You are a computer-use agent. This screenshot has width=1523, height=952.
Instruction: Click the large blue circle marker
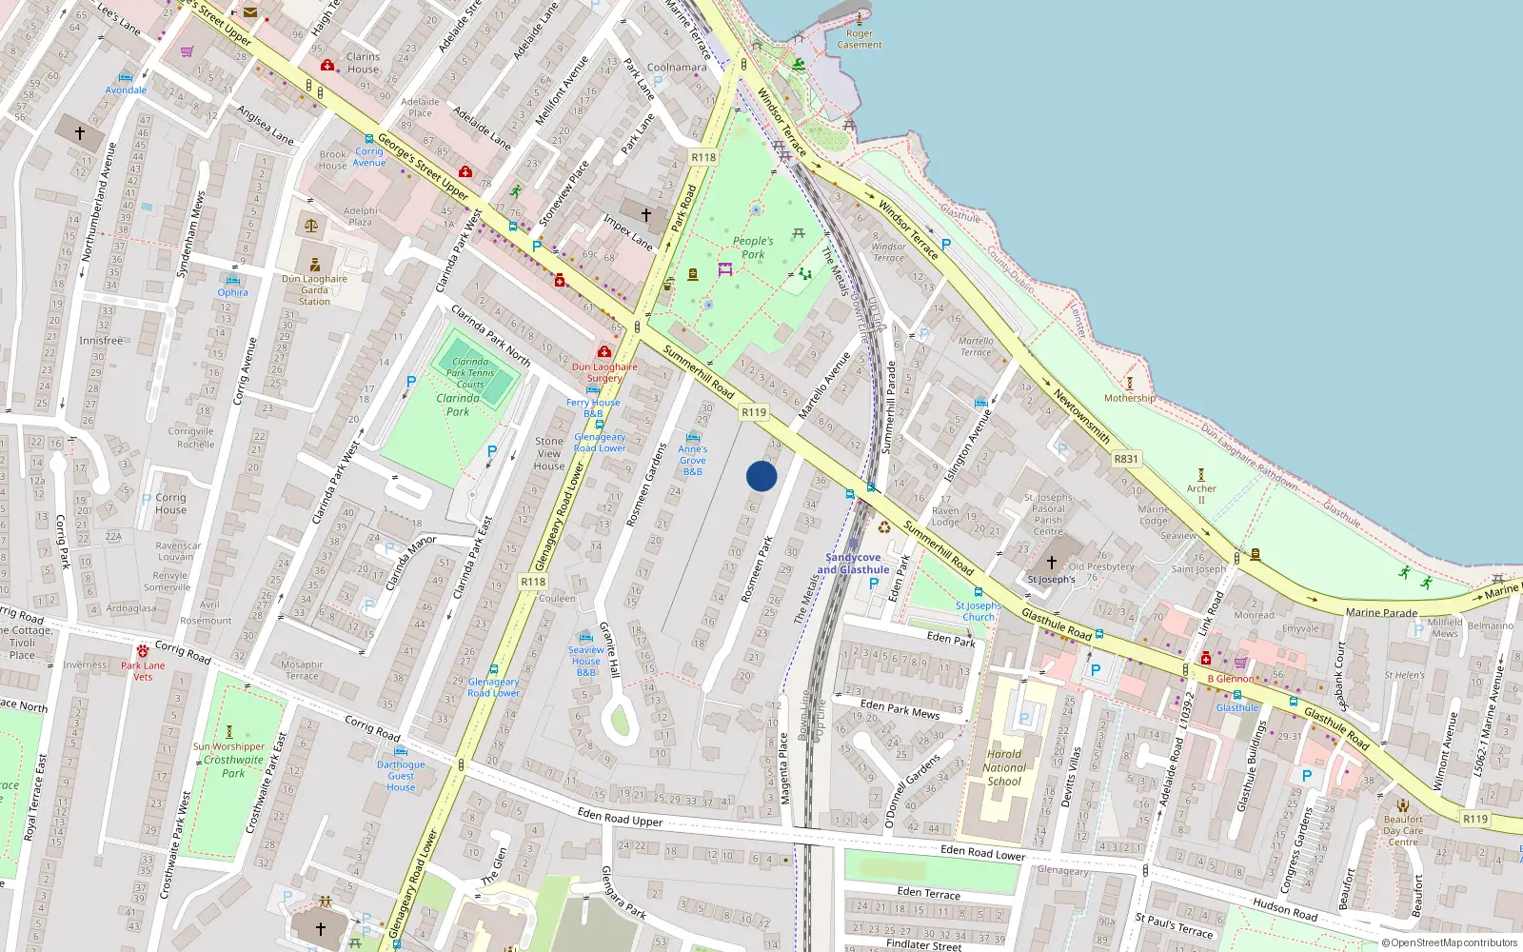click(x=761, y=476)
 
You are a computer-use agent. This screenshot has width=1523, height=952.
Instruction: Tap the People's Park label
click(x=753, y=248)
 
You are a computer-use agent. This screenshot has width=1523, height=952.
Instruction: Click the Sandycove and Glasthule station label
click(x=853, y=564)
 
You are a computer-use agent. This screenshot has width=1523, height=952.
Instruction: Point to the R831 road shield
click(x=1126, y=459)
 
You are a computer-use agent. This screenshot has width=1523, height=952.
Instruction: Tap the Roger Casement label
click(x=860, y=39)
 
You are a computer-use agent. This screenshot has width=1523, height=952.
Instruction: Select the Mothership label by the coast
click(x=1130, y=398)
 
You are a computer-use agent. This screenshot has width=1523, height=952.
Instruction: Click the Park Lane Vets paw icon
click(x=143, y=651)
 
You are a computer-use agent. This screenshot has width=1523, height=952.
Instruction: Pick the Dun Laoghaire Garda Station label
click(x=314, y=290)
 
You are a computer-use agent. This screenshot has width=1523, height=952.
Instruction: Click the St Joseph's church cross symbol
click(x=1052, y=562)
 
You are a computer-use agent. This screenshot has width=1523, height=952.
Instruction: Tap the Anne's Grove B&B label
click(x=693, y=460)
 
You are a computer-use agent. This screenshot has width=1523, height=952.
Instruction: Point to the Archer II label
click(x=1201, y=493)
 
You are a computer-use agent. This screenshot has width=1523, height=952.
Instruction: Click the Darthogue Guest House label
click(x=401, y=775)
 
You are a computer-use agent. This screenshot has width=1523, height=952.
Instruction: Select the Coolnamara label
click(x=677, y=68)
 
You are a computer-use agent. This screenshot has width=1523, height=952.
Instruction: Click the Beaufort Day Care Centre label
click(x=1403, y=830)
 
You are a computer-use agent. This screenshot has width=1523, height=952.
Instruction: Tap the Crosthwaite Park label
click(x=233, y=766)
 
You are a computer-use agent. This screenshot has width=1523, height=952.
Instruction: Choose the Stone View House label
click(x=549, y=453)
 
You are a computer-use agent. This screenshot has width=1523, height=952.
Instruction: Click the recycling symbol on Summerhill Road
click(x=884, y=526)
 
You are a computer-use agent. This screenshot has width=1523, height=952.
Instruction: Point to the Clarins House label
click(x=363, y=63)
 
